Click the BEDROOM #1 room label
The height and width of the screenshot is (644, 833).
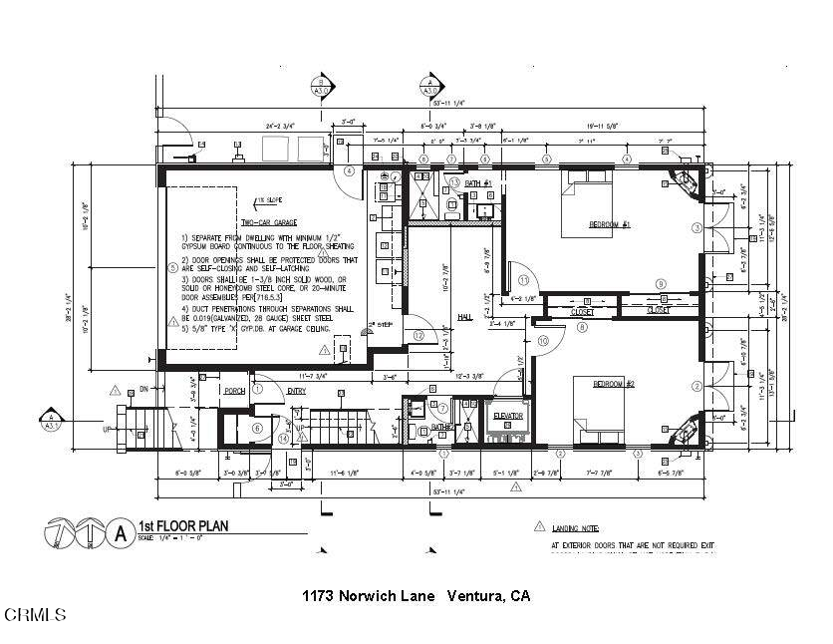point(610,223)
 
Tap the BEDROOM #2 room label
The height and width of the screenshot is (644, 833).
point(614,384)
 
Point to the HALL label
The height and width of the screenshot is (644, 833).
point(465,317)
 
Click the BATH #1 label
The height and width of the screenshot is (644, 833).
point(479,184)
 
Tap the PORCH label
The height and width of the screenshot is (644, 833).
point(234,391)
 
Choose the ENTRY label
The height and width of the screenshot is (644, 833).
point(297,391)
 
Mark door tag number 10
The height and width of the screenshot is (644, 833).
point(543,341)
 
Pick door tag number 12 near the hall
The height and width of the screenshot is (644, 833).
point(419,336)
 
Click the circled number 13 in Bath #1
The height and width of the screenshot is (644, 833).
point(453,183)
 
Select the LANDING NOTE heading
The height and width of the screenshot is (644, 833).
point(578,527)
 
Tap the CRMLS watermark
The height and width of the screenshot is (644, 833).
point(34,614)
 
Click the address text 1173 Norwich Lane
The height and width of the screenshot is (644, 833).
point(369,596)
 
